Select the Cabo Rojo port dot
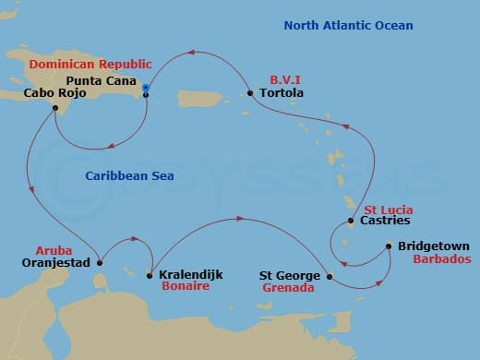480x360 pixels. (x=56, y=107)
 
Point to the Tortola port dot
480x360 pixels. (x=250, y=93)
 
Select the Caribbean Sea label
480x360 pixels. (x=130, y=175)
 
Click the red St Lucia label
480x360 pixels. (x=388, y=210)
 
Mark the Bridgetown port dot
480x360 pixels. (x=389, y=246)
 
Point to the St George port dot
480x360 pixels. (x=330, y=274)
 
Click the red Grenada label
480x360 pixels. (x=288, y=288)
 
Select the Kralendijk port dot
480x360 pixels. (x=150, y=274)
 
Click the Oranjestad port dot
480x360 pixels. (x=99, y=263)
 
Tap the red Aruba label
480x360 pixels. (x=53, y=250)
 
